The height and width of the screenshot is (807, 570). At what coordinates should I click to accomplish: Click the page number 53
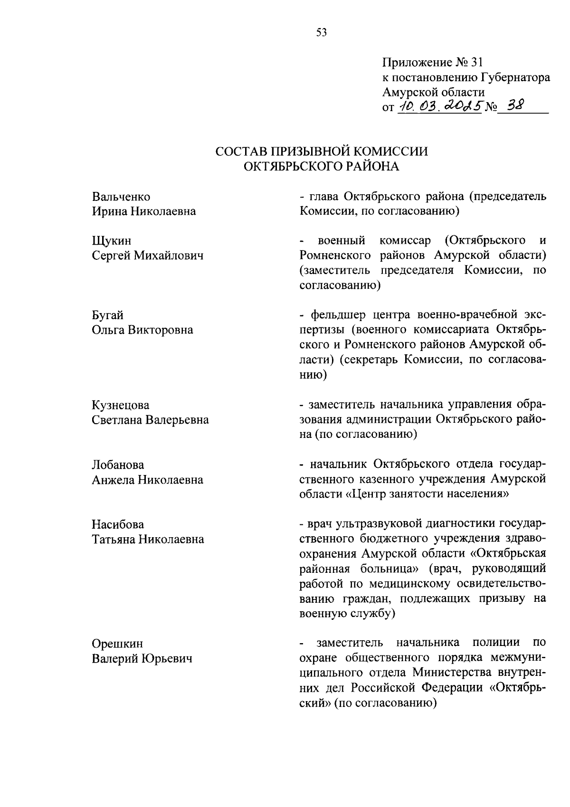tap(322, 33)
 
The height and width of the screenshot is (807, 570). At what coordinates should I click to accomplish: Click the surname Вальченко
tap(121, 197)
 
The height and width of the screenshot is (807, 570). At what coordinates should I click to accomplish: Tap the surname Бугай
tap(108, 315)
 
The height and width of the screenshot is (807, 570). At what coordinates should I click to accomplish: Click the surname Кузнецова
tap(121, 405)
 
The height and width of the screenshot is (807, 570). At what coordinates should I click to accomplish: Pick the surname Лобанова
tap(118, 465)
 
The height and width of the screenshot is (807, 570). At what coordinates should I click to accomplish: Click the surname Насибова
tap(118, 524)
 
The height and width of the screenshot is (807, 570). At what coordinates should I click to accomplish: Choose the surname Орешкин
tap(117, 644)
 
